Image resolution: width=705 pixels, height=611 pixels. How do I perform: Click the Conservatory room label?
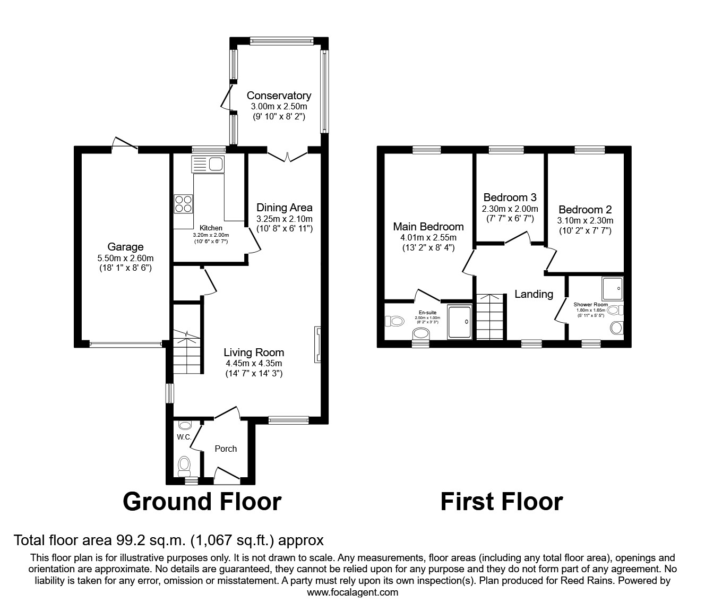coord(279,96)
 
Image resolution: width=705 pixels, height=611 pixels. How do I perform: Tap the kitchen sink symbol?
coord(209,164)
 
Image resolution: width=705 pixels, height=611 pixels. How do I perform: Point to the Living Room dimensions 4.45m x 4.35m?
coord(253,364)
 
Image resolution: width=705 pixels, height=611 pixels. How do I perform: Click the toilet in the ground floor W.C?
coord(184,465)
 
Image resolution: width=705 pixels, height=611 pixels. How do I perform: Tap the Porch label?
coord(226,449)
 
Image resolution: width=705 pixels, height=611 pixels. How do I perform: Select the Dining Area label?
coord(284,208)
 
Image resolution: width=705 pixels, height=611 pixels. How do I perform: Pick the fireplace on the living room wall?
coord(317,345)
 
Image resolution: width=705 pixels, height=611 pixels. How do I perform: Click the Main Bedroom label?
coord(428,227)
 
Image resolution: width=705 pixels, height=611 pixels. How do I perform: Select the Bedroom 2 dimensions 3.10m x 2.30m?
coord(585,220)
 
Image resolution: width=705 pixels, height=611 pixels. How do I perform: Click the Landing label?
coord(534,294)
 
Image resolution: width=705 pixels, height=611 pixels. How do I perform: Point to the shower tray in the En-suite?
coord(460,322)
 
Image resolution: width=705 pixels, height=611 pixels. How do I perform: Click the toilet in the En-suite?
coord(394,321)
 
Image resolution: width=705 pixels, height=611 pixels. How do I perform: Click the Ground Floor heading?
coord(202,501)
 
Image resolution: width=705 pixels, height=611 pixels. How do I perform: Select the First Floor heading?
coord(501,501)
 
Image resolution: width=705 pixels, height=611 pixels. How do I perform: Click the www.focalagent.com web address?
coord(353,592)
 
